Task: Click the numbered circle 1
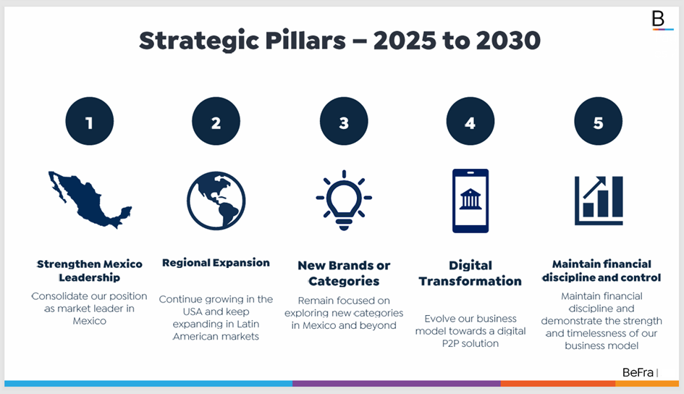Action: point(90,121)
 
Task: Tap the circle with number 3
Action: point(344,121)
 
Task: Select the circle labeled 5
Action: point(598,121)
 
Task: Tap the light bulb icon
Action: point(344,200)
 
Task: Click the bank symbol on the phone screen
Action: point(470,199)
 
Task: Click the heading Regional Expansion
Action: point(216,263)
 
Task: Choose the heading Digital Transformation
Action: point(470,273)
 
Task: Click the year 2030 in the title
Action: point(508,41)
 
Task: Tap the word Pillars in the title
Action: point(305,41)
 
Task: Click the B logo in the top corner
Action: point(658,19)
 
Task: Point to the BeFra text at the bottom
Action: point(638,372)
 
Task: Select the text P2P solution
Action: point(470,343)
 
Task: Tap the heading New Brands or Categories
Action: point(344,273)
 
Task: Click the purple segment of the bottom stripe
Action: point(397,384)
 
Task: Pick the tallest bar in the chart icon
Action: point(617,196)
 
